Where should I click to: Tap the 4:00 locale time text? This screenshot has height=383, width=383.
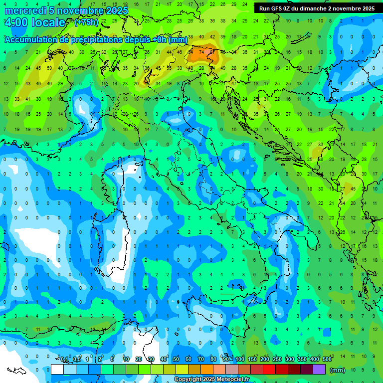34,22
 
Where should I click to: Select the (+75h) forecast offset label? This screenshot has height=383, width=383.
86,22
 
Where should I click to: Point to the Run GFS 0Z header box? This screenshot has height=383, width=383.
317,8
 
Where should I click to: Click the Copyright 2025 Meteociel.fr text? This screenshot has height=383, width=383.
212,380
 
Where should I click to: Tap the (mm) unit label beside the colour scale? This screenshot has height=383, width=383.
338,370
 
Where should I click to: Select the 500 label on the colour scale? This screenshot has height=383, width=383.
327,359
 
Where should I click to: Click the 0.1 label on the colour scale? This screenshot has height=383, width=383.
64,359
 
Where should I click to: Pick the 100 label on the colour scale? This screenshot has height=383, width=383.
240,359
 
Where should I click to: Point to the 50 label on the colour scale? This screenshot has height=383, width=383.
176,359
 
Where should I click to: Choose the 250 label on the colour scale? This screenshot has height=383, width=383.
277,359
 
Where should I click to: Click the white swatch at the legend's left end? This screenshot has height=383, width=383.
57,370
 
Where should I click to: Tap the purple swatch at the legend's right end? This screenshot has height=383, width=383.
319,370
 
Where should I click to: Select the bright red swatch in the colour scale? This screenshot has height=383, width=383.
269,370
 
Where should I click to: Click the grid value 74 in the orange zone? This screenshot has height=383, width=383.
202,52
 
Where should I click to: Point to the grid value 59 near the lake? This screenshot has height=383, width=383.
49,68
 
